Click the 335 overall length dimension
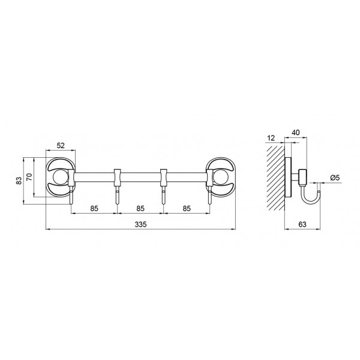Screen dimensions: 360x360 140,224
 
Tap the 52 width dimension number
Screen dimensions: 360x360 61,146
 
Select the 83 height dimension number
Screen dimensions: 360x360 19,181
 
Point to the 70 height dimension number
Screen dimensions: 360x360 29,177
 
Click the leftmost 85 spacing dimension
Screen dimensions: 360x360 94,208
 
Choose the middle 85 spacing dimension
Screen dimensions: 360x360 140,208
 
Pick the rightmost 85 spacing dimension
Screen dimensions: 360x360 187,208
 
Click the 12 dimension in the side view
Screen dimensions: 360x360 271,138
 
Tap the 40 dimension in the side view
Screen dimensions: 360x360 296,133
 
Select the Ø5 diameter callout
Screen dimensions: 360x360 335,178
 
